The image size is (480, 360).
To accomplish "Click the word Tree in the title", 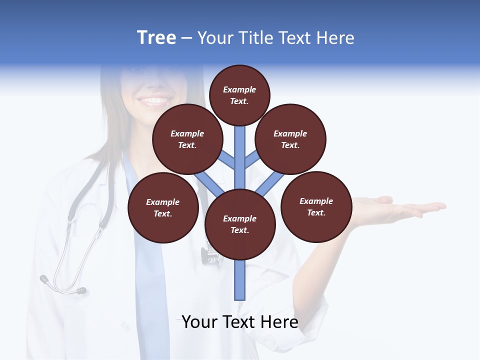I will pos(156,38).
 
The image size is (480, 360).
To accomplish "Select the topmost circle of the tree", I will pos(239,95).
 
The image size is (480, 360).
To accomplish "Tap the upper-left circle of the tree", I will pos(187,139).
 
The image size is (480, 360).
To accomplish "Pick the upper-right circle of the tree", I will pos(290,139).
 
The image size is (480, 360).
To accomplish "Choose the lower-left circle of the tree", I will pos(163,207).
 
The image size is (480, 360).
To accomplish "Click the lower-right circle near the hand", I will pos(316,206).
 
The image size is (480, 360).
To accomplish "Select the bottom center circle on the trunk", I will pos(240,224).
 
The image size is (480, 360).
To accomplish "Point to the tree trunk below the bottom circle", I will pos(240,280).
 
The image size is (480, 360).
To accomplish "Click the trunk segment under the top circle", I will pos(240,150).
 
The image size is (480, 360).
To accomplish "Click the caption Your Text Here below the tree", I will pos(240,322).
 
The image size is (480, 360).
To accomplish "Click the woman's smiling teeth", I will pos(155,101).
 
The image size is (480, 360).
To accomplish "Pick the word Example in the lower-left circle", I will pos(163,202).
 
